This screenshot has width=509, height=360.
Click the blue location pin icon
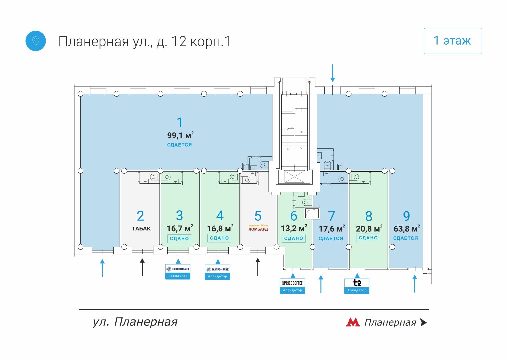(x=36, y=41)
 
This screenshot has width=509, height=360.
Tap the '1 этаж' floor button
(x=452, y=41)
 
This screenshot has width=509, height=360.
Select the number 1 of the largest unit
(x=180, y=122)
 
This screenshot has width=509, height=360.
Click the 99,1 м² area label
(x=180, y=135)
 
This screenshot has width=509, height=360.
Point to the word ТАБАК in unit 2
(x=141, y=229)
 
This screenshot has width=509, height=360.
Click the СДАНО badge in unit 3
(x=179, y=238)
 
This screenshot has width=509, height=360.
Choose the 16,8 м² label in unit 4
(x=220, y=229)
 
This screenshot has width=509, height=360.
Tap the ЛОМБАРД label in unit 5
(x=258, y=229)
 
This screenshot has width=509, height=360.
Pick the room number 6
(x=294, y=216)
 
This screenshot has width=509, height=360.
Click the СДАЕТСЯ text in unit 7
(x=331, y=238)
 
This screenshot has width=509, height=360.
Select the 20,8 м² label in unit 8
(x=369, y=229)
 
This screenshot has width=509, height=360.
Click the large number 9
(x=406, y=216)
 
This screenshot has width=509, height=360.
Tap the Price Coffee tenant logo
(x=292, y=283)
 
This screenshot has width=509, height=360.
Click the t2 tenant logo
(x=357, y=283)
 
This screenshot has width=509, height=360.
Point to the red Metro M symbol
(x=353, y=322)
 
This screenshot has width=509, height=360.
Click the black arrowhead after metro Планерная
(x=423, y=322)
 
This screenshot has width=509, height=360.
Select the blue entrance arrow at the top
(x=332, y=73)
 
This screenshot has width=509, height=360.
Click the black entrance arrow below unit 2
(x=142, y=267)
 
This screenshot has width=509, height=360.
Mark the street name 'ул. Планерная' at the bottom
(x=135, y=322)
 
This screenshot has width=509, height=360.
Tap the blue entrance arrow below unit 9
(x=415, y=283)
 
